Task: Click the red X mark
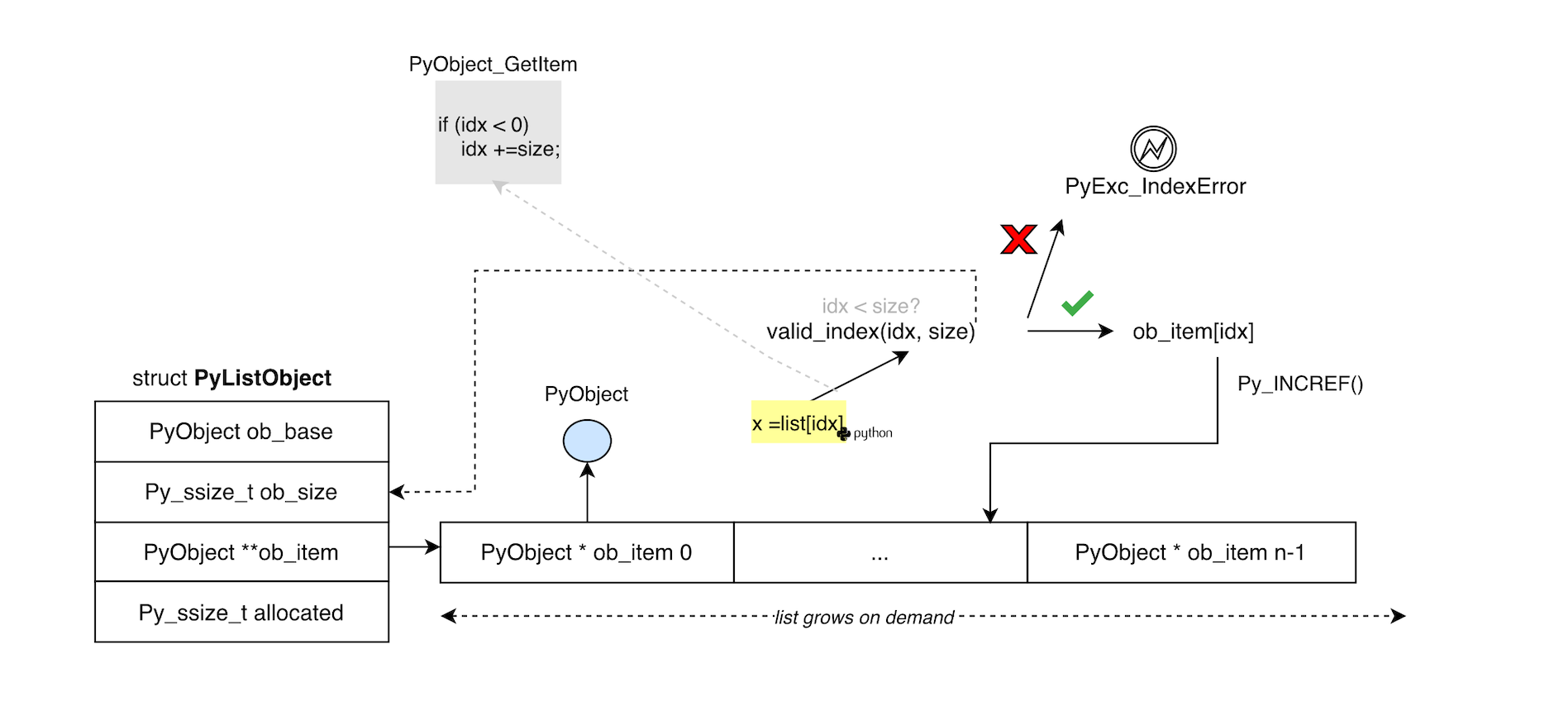pyautogui.click(x=1018, y=239)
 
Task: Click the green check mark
pyautogui.click(x=1077, y=303)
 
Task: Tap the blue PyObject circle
pyautogui.click(x=587, y=441)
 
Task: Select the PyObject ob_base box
pyautogui.click(x=241, y=432)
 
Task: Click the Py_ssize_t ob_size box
pyautogui.click(x=241, y=492)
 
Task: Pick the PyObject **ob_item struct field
pyautogui.click(x=241, y=552)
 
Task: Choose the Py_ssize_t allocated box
pyautogui.click(x=241, y=613)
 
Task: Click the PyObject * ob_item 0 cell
pyautogui.click(x=587, y=552)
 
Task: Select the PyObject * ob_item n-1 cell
pyautogui.click(x=1190, y=552)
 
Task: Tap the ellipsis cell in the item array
pyautogui.click(x=880, y=552)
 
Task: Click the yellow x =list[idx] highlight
pyautogui.click(x=798, y=422)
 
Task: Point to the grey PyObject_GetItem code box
pyautogui.click(x=498, y=132)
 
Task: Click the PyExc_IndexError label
pyautogui.click(x=1155, y=187)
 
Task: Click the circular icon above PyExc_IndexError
pyautogui.click(x=1153, y=149)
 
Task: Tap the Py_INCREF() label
pyautogui.click(x=1299, y=384)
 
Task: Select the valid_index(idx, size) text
pyautogui.click(x=870, y=332)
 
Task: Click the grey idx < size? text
pyautogui.click(x=870, y=306)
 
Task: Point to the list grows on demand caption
pyautogui.click(x=864, y=618)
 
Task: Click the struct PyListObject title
pyautogui.click(x=231, y=378)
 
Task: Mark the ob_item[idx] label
pyautogui.click(x=1193, y=332)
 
